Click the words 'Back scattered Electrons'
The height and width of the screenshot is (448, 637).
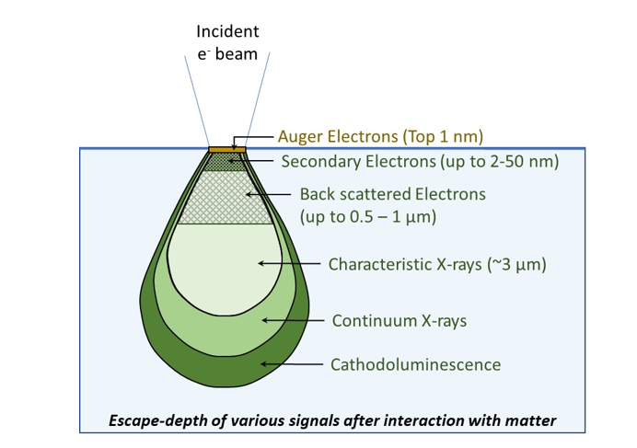[392, 195]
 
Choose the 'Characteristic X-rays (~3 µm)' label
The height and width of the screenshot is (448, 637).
[437, 264]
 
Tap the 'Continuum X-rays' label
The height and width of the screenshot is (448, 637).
[399, 321]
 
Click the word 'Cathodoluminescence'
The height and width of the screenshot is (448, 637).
[415, 364]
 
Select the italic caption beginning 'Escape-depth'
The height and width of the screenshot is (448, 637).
[332, 420]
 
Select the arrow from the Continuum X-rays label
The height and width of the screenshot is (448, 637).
[294, 321]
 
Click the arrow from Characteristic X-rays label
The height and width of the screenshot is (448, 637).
[290, 264]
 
